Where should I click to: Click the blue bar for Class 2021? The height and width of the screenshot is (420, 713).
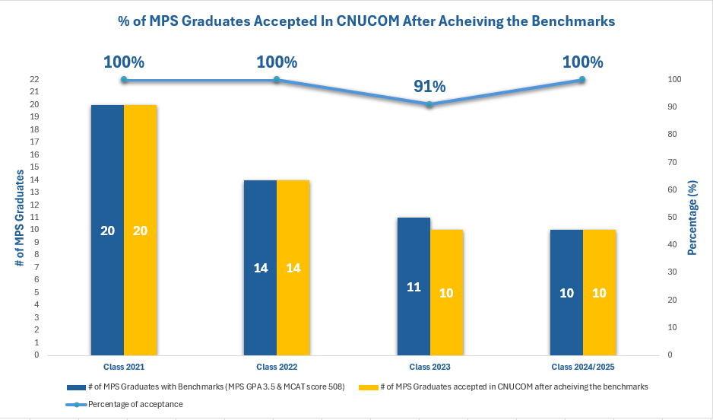point(107,228)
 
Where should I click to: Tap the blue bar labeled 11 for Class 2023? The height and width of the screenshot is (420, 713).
point(414,286)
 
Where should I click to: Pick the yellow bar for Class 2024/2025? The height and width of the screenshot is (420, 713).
point(599,291)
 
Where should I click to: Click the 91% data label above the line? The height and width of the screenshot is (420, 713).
point(429,86)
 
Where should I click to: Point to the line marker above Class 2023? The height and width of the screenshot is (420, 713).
point(429,104)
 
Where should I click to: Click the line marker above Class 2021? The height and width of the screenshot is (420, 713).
point(124,79)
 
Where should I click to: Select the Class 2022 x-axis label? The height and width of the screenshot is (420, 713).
point(277,367)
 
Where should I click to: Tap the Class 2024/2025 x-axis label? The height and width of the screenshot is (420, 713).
point(582,367)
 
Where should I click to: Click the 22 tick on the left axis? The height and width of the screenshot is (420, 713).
point(34,79)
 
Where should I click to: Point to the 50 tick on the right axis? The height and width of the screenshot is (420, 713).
point(671,217)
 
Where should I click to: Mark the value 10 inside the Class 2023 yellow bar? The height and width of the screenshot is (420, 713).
point(446,292)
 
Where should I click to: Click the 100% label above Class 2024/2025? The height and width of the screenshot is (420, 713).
point(582,62)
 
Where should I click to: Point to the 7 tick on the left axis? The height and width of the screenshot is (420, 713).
point(36,267)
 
